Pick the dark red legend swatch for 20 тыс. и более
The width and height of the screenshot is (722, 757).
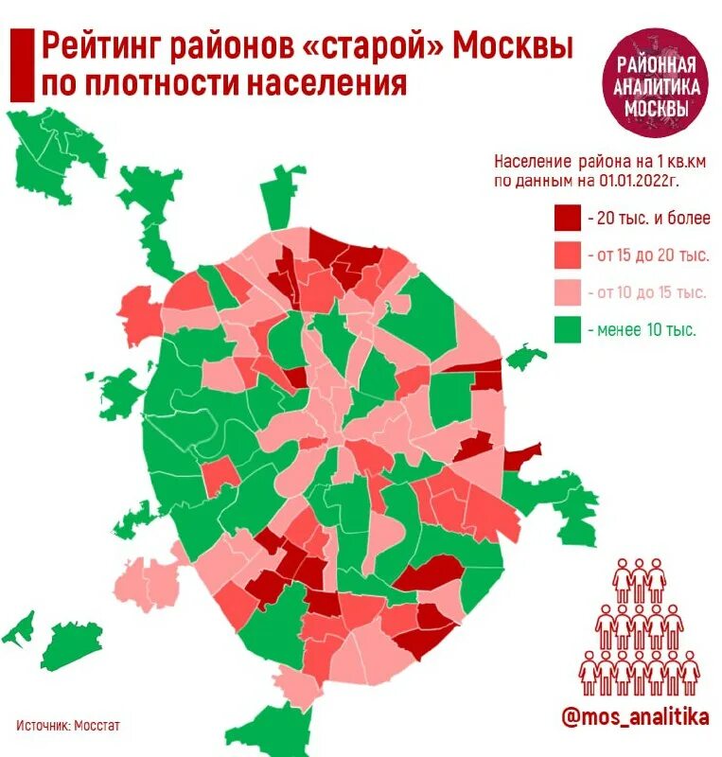566,218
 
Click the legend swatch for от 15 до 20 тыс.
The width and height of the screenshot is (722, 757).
566,255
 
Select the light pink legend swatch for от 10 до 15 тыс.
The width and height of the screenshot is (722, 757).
566,292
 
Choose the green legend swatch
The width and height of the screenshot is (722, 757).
566,330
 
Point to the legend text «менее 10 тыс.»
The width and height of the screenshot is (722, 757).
647,330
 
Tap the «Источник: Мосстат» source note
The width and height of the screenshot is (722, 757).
68,726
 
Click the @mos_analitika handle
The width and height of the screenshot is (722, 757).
635,717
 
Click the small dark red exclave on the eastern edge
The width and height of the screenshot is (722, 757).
519,457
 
